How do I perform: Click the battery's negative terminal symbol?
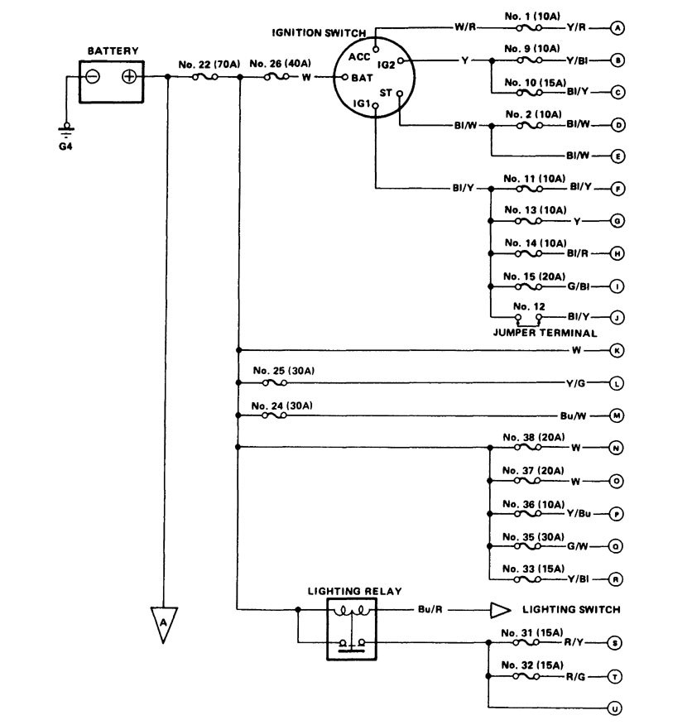tap(93, 77)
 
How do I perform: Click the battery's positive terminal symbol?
tap(130, 77)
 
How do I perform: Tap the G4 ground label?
tap(67, 151)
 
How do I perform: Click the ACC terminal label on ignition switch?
tap(358, 56)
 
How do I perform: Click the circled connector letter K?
tap(617, 350)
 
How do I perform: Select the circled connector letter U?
tap(617, 708)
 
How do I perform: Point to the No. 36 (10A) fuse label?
tap(533, 503)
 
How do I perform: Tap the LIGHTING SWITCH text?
tap(571, 610)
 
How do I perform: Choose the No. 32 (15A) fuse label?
tap(533, 665)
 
